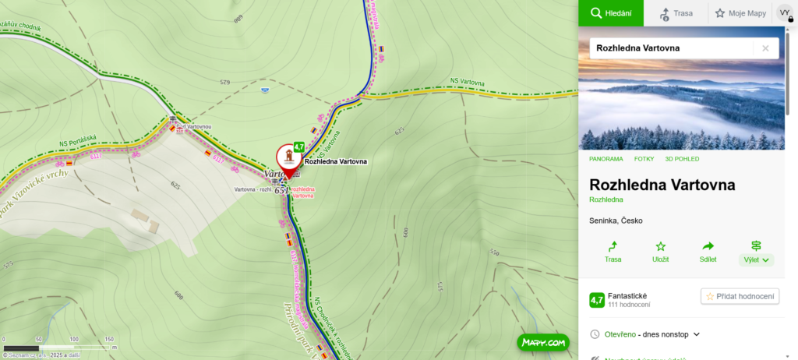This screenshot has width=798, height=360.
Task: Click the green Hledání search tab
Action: click(610, 13)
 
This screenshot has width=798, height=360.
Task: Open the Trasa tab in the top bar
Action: click(676, 13)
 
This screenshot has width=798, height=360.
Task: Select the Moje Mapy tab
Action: click(740, 13)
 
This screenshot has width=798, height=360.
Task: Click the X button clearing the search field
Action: click(765, 48)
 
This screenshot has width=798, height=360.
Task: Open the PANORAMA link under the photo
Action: click(606, 159)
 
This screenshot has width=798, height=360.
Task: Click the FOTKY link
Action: click(644, 159)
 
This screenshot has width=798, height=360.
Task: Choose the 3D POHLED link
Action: click(682, 159)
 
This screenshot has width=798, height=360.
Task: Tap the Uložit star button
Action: click(660, 252)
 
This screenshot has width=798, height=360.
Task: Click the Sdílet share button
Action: click(708, 252)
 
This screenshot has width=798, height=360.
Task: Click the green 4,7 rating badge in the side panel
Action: click(596, 299)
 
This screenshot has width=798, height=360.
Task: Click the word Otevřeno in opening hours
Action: click(620, 334)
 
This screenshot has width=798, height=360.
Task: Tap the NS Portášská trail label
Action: click(77, 141)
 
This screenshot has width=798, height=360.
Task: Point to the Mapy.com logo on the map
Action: click(542, 342)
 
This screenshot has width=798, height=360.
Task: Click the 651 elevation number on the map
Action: click(281, 191)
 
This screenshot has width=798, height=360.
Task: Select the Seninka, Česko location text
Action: click(616, 221)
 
